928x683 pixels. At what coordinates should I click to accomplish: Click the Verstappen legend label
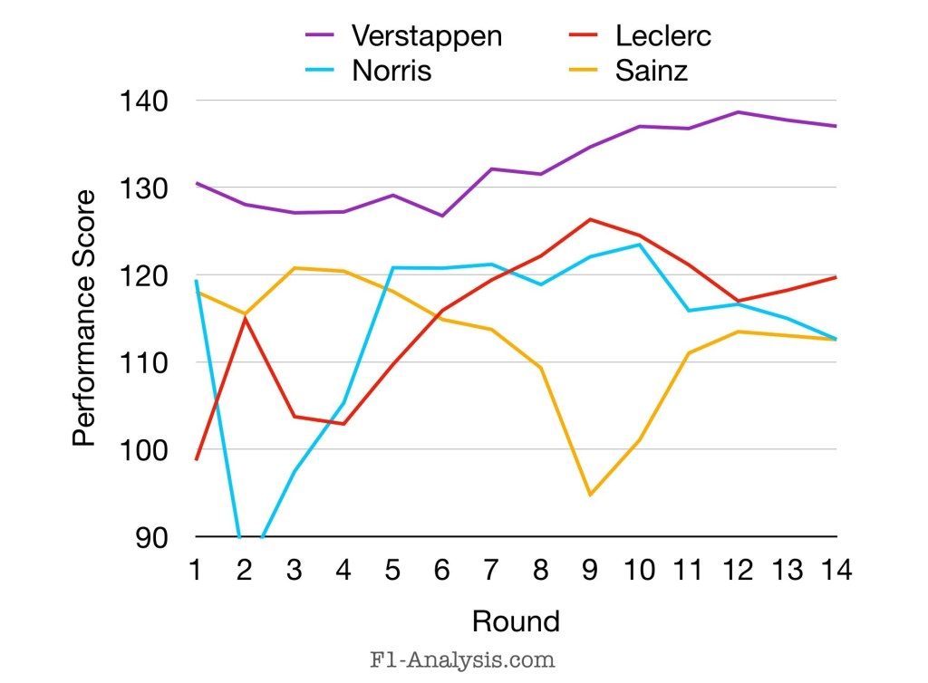(427, 36)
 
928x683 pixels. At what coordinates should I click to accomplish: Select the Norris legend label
(391, 71)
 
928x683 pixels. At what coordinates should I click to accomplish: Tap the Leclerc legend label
(663, 36)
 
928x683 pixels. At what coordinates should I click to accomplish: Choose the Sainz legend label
(652, 71)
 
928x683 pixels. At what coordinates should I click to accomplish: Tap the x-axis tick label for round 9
(590, 572)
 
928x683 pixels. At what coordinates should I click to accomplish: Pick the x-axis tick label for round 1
(197, 572)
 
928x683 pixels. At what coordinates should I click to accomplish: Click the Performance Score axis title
(83, 318)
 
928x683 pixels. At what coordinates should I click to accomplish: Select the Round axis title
(516, 621)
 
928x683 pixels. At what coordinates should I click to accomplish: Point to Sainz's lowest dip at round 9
(590, 495)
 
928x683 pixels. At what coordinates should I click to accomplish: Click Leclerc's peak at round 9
(590, 219)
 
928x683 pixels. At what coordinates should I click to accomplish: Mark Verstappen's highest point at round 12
(738, 112)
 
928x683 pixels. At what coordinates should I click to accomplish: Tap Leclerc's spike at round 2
(245, 318)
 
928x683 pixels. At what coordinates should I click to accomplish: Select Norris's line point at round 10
(639, 245)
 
